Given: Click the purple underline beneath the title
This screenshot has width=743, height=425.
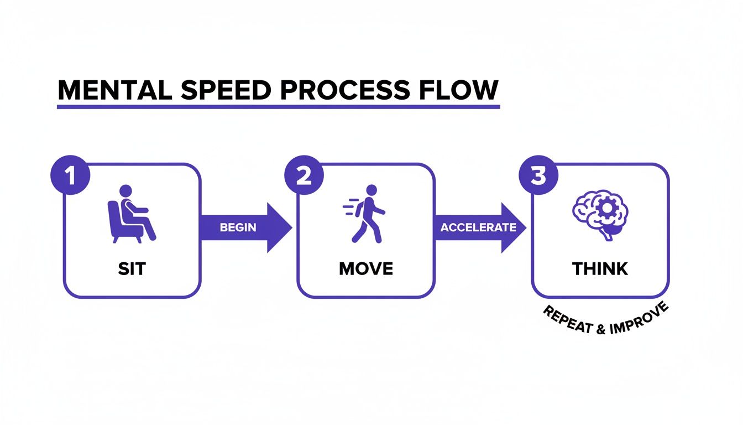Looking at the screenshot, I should [x=278, y=106].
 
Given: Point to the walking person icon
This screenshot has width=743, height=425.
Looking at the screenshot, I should [x=365, y=214].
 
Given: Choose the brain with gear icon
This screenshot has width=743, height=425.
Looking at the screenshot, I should [x=600, y=214].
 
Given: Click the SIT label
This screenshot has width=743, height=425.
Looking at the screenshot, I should [x=132, y=269].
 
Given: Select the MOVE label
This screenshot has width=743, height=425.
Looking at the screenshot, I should [x=366, y=269].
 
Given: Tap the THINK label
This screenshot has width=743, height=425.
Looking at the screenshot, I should [x=600, y=269].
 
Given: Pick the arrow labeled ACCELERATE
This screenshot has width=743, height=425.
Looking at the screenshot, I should [x=479, y=227].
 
